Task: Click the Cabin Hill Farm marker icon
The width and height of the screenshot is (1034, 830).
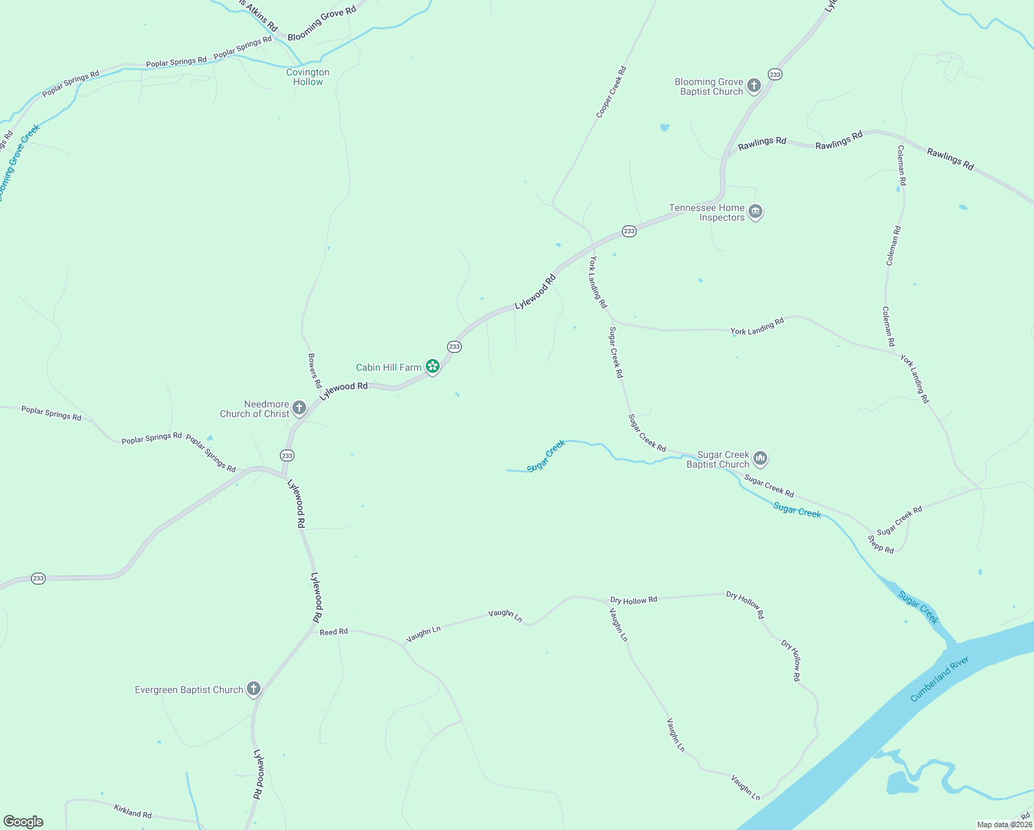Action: click(433, 366)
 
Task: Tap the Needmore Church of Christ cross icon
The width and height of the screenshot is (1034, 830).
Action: click(299, 408)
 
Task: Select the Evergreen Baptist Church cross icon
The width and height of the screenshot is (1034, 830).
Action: click(254, 688)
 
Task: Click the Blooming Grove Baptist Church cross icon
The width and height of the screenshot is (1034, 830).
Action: click(754, 86)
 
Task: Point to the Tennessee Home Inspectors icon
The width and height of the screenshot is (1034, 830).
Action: click(755, 212)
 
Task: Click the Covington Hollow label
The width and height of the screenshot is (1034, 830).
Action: click(308, 77)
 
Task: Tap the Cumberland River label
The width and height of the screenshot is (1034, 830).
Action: click(939, 679)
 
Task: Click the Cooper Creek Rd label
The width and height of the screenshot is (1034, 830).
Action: click(611, 91)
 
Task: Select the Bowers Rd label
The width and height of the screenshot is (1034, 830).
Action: click(314, 371)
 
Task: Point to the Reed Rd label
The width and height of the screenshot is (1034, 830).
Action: click(334, 631)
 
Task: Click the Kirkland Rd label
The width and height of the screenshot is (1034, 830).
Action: click(133, 810)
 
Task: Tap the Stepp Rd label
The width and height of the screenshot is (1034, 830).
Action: click(881, 544)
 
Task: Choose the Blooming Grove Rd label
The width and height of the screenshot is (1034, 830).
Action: click(321, 23)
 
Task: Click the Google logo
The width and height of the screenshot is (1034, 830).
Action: click(23, 822)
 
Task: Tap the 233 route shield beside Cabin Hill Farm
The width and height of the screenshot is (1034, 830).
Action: click(454, 347)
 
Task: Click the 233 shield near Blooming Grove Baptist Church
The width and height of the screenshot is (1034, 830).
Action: click(775, 74)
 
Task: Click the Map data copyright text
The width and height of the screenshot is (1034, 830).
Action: click(1004, 824)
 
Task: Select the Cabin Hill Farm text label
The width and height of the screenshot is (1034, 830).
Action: click(388, 367)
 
